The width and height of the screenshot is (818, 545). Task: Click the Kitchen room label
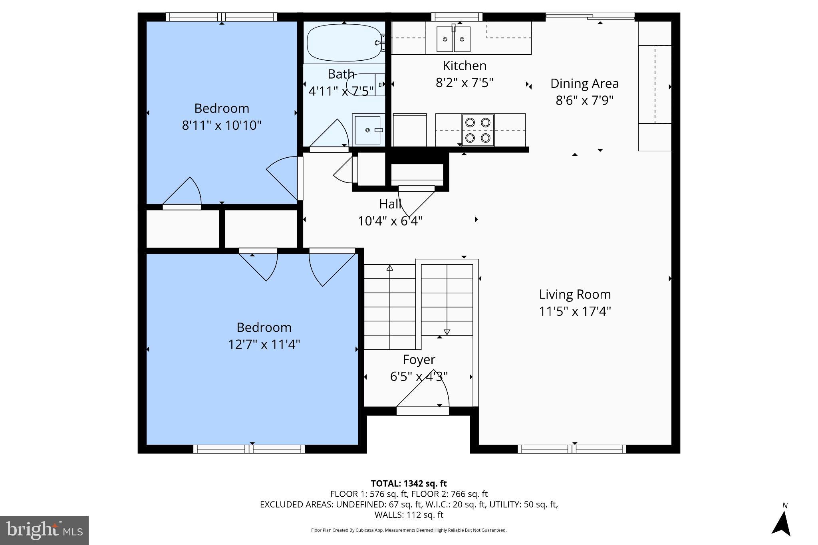pos(465,66)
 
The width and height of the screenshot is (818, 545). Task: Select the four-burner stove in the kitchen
pos(478,130)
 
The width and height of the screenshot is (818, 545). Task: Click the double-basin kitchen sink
pos(453,39)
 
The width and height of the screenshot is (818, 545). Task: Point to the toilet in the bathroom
pos(361,84)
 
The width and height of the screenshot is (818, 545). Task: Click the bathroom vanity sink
pos(368,130)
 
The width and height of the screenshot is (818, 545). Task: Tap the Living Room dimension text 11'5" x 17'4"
pos(575,311)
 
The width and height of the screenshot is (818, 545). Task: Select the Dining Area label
pos(584,83)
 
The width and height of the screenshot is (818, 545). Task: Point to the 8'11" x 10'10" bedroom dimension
pos(222,125)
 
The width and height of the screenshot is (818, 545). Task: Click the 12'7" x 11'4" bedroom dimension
pos(264,344)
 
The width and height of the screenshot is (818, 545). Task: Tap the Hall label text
pos(390,204)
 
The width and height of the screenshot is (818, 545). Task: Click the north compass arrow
pos(782,523)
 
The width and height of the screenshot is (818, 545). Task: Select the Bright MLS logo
pos(44,530)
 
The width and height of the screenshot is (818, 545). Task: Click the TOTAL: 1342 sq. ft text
pos(409,484)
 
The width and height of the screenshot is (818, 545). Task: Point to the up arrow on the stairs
pos(390,268)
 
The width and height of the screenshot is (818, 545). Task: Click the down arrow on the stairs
pos(447,332)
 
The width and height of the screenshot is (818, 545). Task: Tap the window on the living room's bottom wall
pos(572,449)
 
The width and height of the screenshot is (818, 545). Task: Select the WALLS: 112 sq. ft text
pos(409,515)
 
